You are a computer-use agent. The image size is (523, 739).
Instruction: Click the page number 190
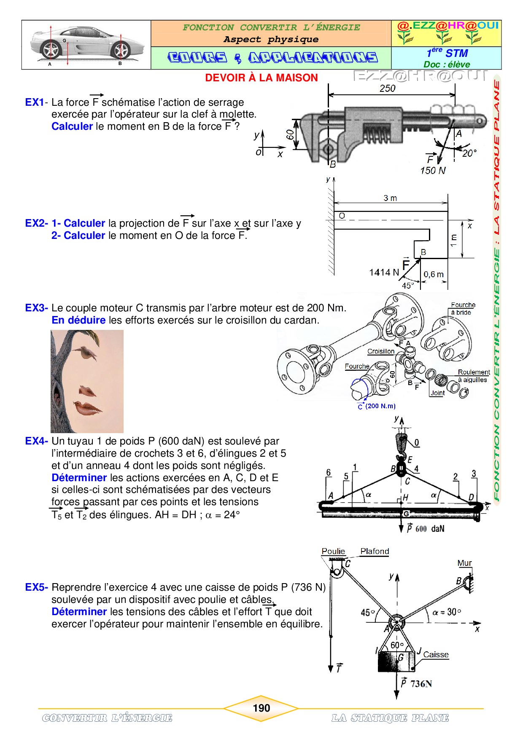click(261, 708)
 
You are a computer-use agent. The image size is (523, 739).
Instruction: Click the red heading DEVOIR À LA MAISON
click(261, 78)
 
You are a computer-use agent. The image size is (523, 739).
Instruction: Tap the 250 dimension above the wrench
click(387, 88)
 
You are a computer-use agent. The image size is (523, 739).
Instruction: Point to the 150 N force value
click(433, 171)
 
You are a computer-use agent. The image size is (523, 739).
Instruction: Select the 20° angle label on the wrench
click(469, 153)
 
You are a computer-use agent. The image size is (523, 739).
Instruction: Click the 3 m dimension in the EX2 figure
click(390, 198)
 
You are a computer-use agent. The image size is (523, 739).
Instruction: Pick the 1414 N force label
click(384, 273)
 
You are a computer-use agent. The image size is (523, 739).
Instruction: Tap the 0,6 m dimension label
click(434, 275)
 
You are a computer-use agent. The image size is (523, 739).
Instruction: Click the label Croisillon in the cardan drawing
click(381, 351)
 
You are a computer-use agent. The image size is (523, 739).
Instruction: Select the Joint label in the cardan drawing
click(437, 393)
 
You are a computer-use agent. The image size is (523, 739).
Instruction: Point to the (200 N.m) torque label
click(380, 406)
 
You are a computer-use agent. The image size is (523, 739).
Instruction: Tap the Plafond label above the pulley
click(375, 552)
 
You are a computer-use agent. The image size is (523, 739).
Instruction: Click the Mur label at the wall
click(464, 563)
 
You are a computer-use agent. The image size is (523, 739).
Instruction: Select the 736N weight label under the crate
click(421, 683)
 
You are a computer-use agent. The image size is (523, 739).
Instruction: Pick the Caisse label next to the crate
click(436, 655)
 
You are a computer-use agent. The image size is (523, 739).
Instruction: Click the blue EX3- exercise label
click(37, 308)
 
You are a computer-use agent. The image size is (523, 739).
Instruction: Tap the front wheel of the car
click(51, 50)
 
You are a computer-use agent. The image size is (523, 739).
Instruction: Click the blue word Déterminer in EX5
click(79, 612)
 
